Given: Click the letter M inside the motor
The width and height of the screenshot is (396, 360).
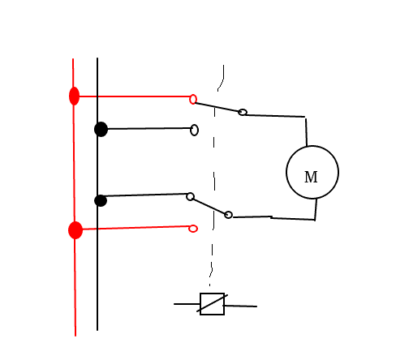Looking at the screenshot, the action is coord(311,178).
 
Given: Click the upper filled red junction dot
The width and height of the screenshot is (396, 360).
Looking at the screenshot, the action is coord(74,96).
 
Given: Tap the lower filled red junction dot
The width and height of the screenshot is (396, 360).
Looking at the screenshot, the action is coord(75,230).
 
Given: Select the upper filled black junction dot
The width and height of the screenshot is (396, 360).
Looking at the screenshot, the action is coord(101,129).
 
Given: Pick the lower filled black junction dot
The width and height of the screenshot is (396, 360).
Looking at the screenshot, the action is coord(101,200).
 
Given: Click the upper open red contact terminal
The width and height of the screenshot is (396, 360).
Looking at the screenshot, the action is coord(193,100).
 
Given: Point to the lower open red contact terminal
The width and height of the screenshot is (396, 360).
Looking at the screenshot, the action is coord(193,229).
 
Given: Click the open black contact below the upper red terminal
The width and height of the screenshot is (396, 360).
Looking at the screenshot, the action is coord(194,130).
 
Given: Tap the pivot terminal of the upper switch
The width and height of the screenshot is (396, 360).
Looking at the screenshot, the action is coord(243,112).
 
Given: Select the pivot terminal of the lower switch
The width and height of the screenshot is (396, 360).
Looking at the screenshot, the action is coord(228,215).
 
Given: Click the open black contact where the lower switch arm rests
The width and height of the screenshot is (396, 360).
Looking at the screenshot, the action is coord(190,196).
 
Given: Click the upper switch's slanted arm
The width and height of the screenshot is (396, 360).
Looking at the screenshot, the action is coord(217,107).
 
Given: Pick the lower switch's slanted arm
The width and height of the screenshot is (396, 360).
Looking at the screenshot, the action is coord(209,207).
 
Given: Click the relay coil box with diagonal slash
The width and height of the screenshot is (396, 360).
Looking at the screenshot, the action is coord(212,304).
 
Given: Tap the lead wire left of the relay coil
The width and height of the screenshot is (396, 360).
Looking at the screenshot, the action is coord(187,304).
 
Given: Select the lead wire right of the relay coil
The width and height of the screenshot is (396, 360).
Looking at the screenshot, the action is coord(240,306).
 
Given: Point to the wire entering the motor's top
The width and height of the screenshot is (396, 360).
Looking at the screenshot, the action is coord(306,132).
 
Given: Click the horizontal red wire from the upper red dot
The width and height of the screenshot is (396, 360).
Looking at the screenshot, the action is coord(135,96).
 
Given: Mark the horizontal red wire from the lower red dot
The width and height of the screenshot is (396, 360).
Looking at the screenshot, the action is coord(136,228).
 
